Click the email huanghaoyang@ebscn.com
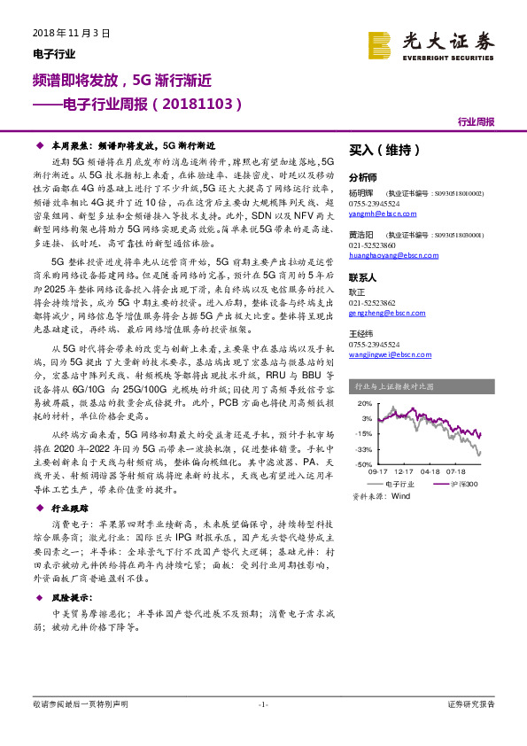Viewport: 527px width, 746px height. [x=389, y=254]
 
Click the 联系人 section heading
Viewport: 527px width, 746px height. [x=364, y=276]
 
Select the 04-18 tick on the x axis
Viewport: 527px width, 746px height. [x=430, y=472]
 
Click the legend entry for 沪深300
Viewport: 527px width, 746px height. [x=462, y=484]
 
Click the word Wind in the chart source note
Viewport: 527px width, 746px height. [x=400, y=497]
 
